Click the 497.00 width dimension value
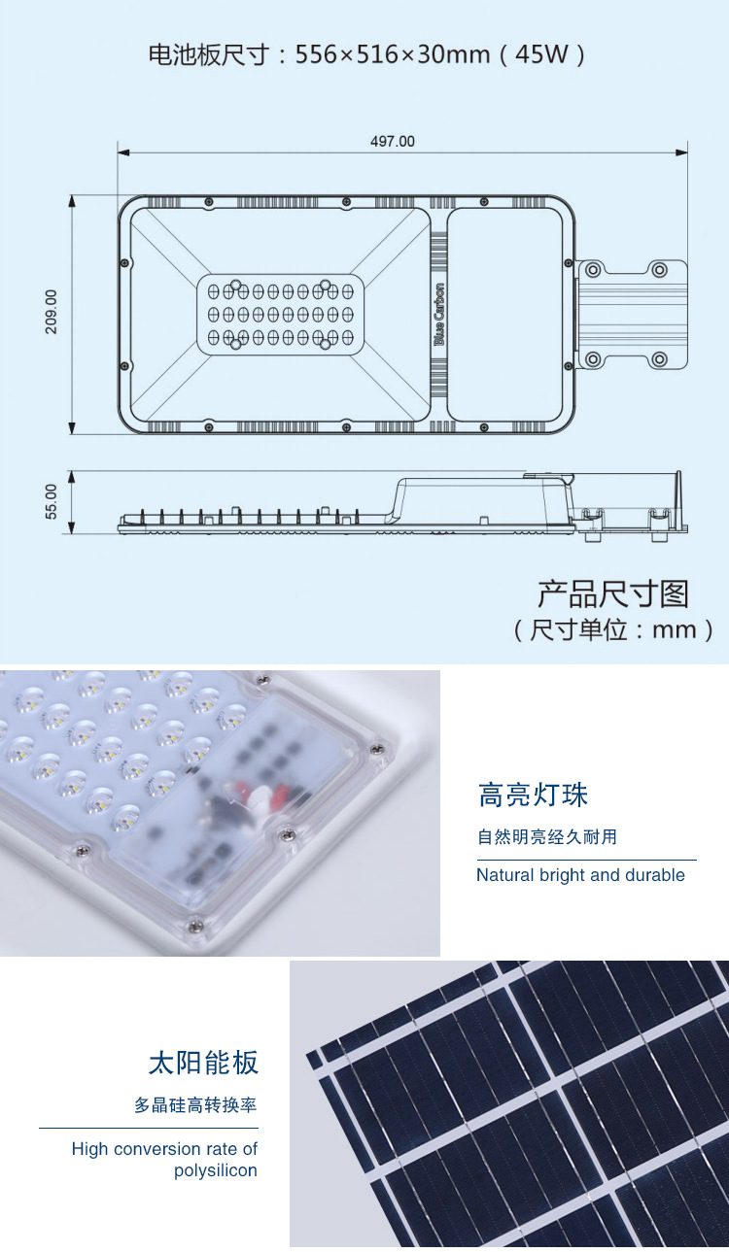392,142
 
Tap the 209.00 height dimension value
52,311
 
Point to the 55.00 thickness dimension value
52,501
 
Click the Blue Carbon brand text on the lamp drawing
438,315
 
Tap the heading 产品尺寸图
612,593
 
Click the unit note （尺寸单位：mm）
612,629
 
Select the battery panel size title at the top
365,54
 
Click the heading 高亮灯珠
533,795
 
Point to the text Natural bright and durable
580,875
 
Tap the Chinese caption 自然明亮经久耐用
546,836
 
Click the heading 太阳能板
203,1063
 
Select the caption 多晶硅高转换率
195,1105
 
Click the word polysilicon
216,1170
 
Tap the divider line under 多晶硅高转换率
149,1128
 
